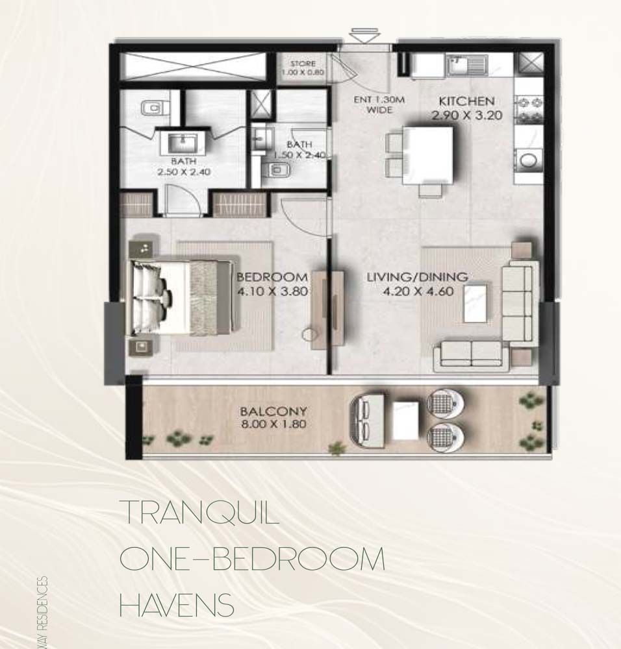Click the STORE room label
coord(303,64)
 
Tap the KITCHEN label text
coord(466,101)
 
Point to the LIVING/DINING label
coord(416,277)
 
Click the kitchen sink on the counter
coord(465,64)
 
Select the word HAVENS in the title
coord(177,606)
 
